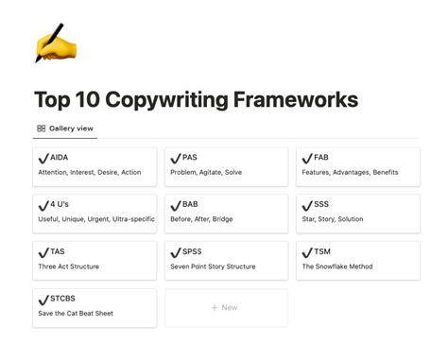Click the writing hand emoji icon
pos(48,44)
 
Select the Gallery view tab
pos(64,128)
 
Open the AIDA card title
pos(60,157)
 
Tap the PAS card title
pos(190,157)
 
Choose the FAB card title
pos(321,157)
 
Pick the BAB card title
pos(190,204)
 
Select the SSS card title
pos(321,204)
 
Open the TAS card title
pos(59,251)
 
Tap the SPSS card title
pos(192,251)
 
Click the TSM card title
pos(322,251)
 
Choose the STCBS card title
pos(63,299)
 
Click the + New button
pos(226,307)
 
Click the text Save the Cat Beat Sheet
pos(76,313)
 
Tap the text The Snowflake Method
pos(336,266)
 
